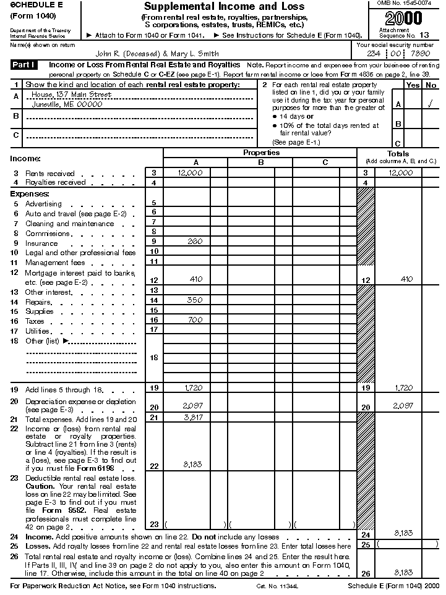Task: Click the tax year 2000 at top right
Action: [x=405, y=18]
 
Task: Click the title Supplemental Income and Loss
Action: [x=223, y=7]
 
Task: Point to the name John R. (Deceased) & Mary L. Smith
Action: [x=157, y=54]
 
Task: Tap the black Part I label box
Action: [x=24, y=65]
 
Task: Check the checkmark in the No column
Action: [x=430, y=104]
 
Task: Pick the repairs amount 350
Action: [x=194, y=300]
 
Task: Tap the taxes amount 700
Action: [x=194, y=320]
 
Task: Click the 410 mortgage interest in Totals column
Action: [x=406, y=279]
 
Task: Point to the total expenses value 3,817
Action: [x=193, y=418]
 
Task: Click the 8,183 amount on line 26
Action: [x=403, y=572]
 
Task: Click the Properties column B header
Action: [x=260, y=162]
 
